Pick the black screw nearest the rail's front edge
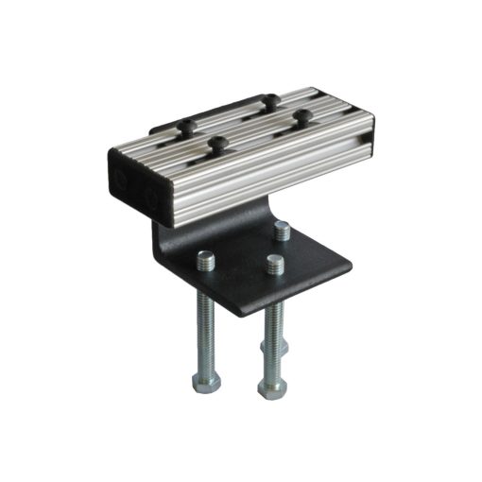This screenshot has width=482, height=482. pos(218,144)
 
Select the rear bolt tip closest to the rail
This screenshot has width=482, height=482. pos(282,230)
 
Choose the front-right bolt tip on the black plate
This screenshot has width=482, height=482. pos(275,264)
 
